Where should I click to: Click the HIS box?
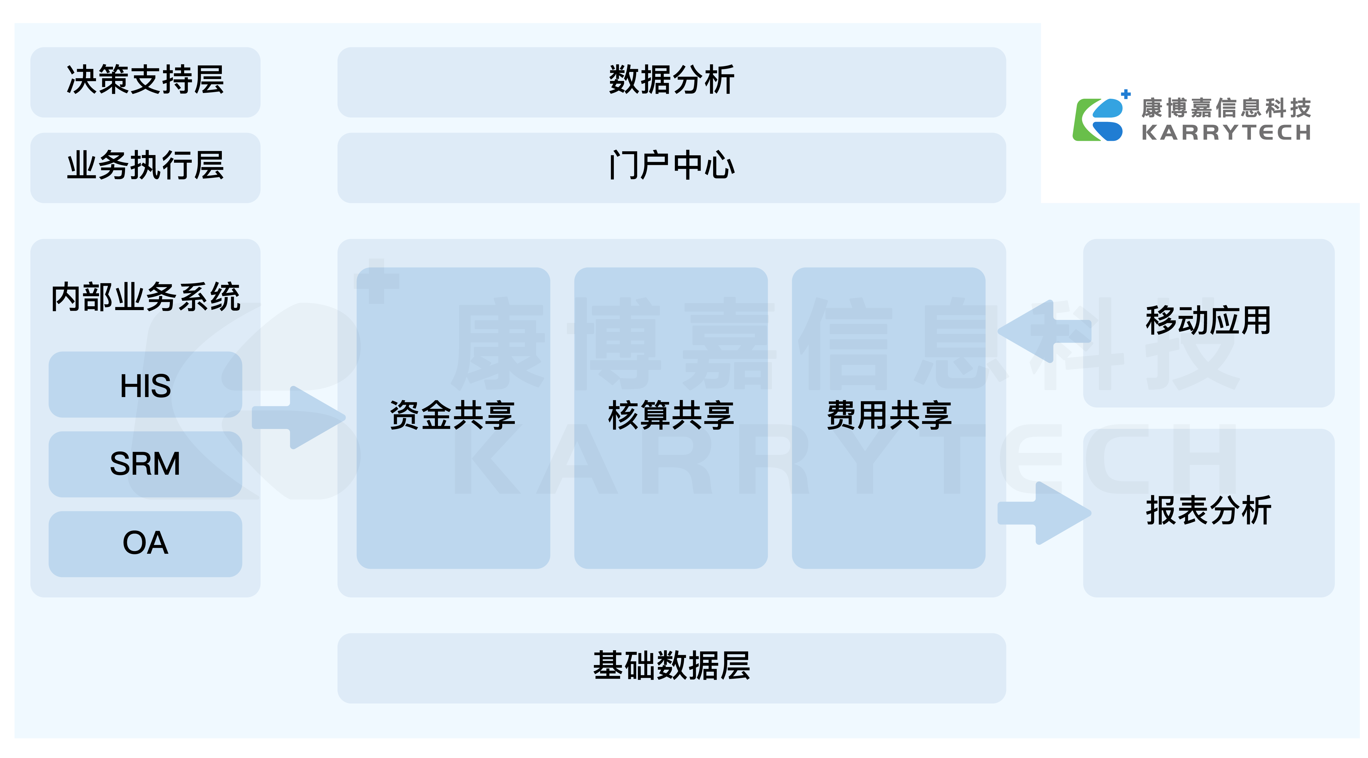(145, 385)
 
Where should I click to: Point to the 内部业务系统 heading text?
(145, 297)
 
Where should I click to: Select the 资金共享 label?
(452, 415)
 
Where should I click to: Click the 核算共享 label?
(671, 415)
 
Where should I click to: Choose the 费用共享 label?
(888, 415)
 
